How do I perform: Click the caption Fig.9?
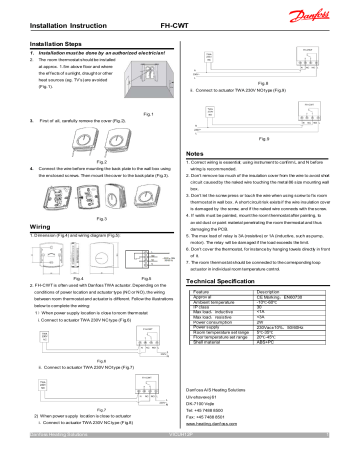[x=263, y=137]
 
